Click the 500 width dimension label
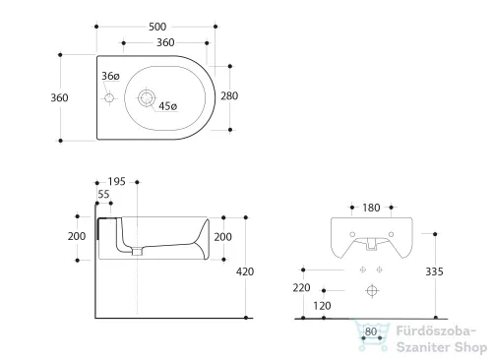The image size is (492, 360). [157, 27]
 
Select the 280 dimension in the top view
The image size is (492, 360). [229, 96]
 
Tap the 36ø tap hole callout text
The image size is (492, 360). [110, 76]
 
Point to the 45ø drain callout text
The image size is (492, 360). [167, 106]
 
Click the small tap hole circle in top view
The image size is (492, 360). [109, 97]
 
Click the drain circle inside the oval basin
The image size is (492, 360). [146, 97]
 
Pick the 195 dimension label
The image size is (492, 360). [117, 182]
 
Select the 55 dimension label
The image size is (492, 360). [103, 194]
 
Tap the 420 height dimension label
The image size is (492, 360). [245, 271]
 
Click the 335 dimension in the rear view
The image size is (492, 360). [434, 271]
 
